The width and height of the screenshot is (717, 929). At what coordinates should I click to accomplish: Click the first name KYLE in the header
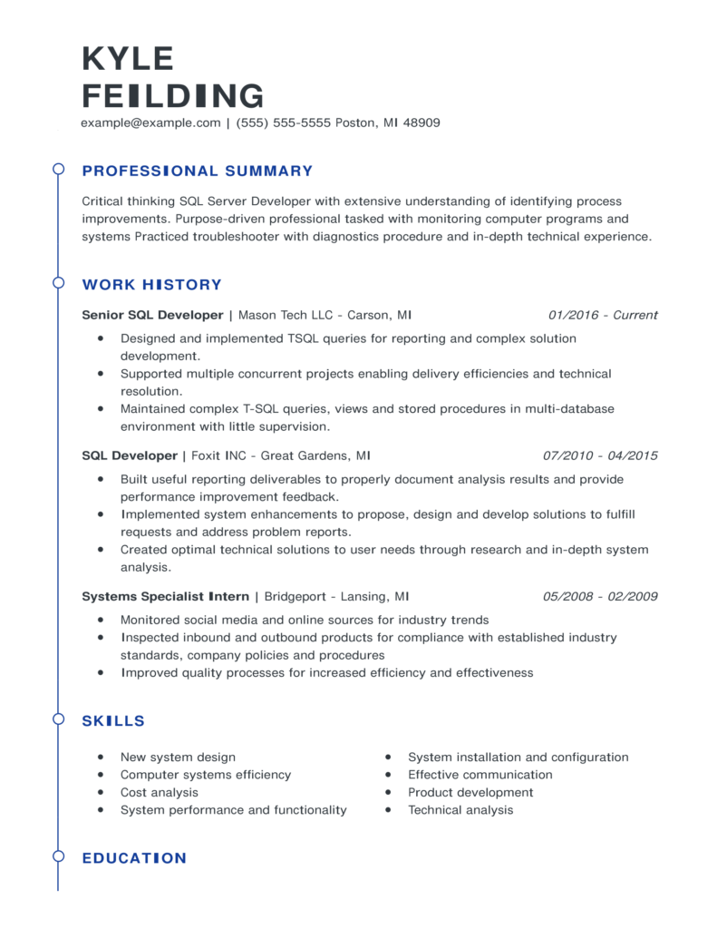[x=127, y=58]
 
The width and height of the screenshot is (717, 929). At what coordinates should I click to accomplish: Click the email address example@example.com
[x=151, y=122]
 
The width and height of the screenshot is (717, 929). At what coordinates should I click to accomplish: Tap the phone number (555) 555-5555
[x=284, y=122]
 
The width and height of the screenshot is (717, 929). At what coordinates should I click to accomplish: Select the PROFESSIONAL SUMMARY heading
[x=197, y=171]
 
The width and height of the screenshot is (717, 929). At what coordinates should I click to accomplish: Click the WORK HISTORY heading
[x=151, y=285]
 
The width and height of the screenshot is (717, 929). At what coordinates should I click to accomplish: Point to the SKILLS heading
[x=113, y=721]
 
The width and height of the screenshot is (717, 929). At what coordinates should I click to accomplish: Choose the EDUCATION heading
[x=134, y=858]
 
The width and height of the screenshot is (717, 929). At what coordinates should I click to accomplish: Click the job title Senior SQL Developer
[x=152, y=316]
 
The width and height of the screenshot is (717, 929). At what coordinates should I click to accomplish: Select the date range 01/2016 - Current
[x=603, y=316]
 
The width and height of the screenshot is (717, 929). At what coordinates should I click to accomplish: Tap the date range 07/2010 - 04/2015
[x=600, y=455]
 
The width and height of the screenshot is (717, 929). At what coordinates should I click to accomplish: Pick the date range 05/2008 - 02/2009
[x=600, y=597]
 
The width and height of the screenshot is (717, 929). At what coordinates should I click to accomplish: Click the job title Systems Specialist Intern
[x=165, y=597]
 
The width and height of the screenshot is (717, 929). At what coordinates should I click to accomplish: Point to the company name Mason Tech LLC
[x=284, y=316]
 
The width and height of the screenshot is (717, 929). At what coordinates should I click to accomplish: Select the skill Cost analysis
[x=160, y=793]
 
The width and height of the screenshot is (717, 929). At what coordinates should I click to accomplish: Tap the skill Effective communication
[x=480, y=775]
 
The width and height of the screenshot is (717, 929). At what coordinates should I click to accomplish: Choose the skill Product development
[x=470, y=793]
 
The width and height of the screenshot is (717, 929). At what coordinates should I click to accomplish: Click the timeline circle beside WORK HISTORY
[x=58, y=282]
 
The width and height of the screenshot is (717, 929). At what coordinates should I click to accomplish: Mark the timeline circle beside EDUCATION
[x=58, y=856]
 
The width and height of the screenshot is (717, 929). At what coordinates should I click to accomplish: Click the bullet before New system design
[x=100, y=758]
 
